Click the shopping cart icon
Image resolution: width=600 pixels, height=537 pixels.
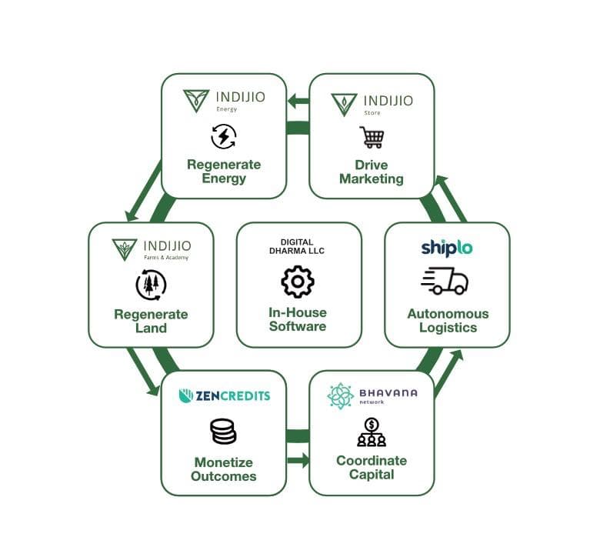coord(372,138)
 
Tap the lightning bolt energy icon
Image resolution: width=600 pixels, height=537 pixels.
coord(224,137)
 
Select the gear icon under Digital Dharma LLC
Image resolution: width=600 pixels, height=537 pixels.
coord(298,282)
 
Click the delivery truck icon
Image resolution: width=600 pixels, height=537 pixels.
coord(445,281)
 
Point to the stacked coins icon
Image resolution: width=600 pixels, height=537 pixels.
coord(223,432)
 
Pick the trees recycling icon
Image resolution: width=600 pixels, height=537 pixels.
coord(151,285)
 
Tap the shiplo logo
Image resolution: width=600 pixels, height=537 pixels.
coord(446,247)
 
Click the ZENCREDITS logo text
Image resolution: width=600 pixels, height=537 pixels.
coord(225,395)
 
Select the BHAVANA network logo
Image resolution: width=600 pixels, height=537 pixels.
coord(372,395)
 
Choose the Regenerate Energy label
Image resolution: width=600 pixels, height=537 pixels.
coord(224,172)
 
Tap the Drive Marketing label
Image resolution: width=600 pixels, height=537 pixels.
coord(372,172)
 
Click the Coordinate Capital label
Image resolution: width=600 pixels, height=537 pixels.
coord(372,468)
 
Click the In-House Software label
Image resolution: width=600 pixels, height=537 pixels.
coord(298,319)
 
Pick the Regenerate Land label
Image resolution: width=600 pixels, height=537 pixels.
coord(151,321)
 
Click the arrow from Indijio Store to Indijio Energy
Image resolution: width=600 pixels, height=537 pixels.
coord(298,101)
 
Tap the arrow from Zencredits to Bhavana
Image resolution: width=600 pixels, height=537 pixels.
coord(298,461)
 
